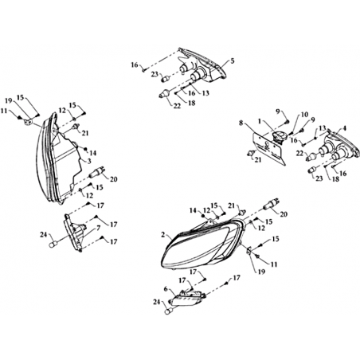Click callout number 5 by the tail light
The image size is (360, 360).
click(233, 61)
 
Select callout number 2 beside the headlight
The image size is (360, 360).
click(163, 235)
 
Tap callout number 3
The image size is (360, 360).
click(89, 161)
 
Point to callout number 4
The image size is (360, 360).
click(344, 128)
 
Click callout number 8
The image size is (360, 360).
click(241, 123)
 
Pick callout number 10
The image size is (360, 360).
click(304, 115)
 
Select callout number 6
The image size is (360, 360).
click(166, 289)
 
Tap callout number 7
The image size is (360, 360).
click(98, 228)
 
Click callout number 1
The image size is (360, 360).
click(260, 121)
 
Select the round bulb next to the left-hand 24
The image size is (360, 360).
click(52, 245)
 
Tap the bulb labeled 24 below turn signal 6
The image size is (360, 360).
click(168, 312)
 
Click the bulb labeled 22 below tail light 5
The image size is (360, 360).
click(164, 94)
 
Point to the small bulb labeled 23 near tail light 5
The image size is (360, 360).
click(165, 79)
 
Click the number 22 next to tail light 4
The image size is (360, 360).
click(299, 153)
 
